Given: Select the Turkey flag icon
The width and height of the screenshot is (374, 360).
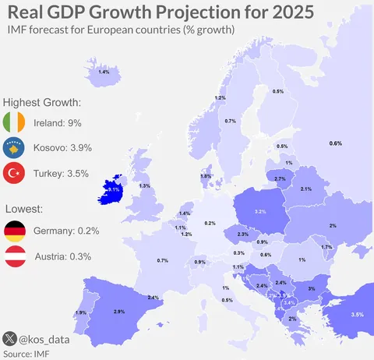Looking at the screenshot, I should pyautogui.click(x=15, y=174).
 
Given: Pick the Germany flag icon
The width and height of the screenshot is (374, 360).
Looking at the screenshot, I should pyautogui.click(x=15, y=231).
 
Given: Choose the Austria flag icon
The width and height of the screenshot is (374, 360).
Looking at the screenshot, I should pyautogui.click(x=15, y=256).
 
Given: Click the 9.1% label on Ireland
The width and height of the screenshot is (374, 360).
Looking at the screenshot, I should pyautogui.click(x=113, y=189).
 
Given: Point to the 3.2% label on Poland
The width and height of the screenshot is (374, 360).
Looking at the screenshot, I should pyautogui.click(x=261, y=211).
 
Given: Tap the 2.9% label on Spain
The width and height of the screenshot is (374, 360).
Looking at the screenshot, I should pyautogui.click(x=119, y=312).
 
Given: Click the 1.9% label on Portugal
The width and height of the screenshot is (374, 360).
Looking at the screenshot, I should pyautogui.click(x=81, y=313).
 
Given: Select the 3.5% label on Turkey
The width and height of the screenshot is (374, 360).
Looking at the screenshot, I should pyautogui.click(x=358, y=314).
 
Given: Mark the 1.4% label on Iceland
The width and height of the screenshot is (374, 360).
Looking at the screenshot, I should pyautogui.click(x=104, y=72).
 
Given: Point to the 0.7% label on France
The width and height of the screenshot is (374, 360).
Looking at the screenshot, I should pyautogui.click(x=163, y=260).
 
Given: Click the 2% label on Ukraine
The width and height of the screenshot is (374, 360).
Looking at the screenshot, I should pyautogui.click(x=333, y=225).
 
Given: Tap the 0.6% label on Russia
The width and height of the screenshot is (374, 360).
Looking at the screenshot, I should pyautogui.click(x=336, y=143).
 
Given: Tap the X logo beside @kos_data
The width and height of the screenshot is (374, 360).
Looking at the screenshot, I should pyautogui.click(x=9, y=339).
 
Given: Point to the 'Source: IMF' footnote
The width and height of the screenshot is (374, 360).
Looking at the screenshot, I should pyautogui.click(x=26, y=353).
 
